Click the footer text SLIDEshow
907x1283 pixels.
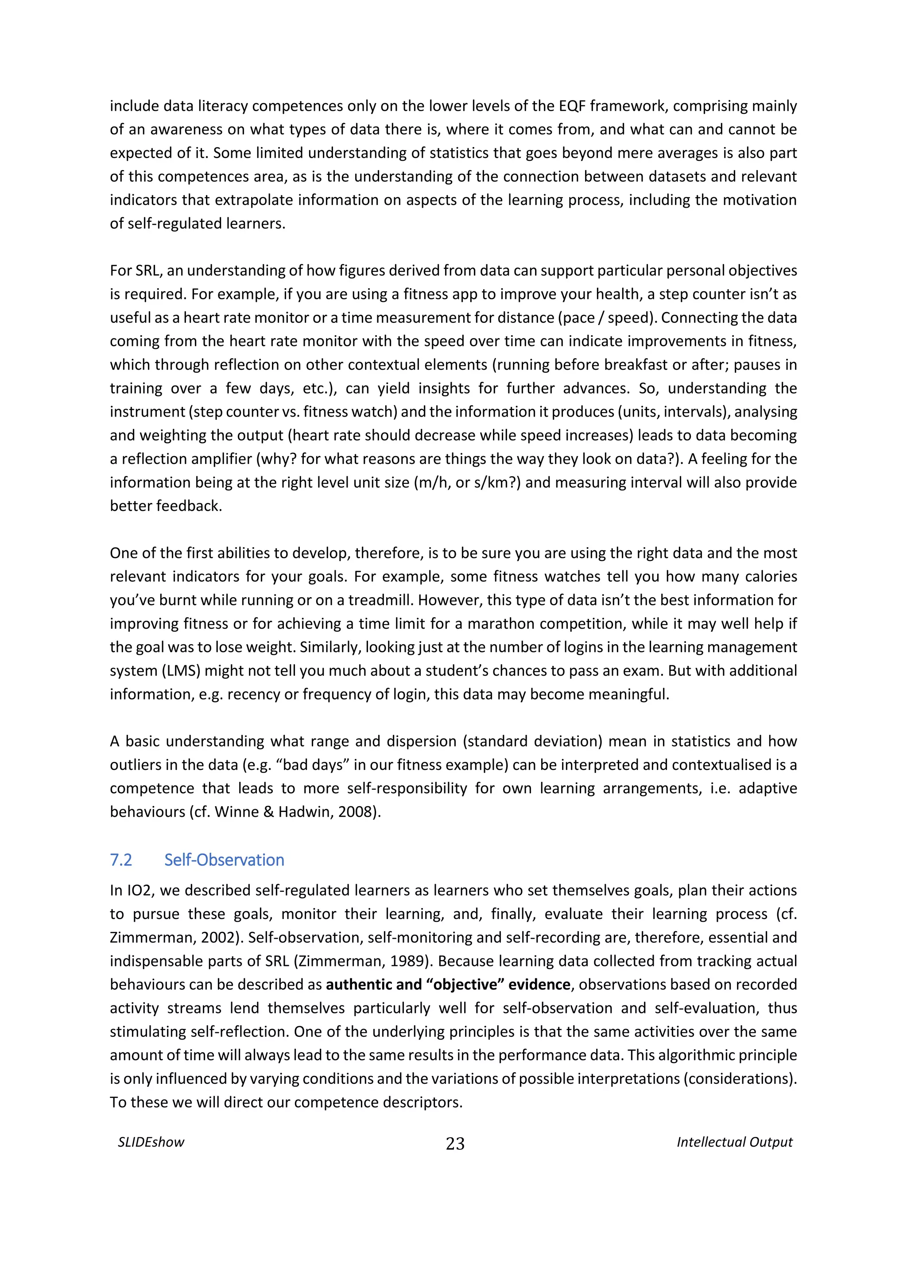click(x=151, y=1142)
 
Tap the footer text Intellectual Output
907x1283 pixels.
click(x=734, y=1142)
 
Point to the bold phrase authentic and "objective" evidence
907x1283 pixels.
click(x=448, y=984)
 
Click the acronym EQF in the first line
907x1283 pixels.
click(x=572, y=106)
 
